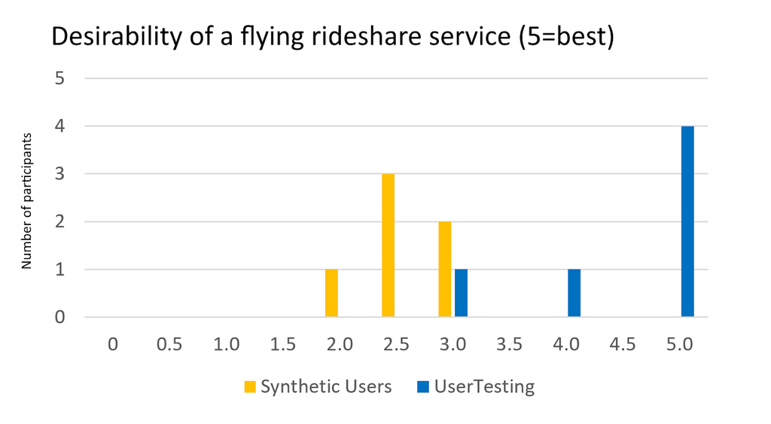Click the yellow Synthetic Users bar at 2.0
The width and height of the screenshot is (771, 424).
point(331,293)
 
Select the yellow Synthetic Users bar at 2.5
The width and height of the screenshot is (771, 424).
point(388,246)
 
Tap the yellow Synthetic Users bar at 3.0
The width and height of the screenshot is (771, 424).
point(445,270)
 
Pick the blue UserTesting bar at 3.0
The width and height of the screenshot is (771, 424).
point(461,293)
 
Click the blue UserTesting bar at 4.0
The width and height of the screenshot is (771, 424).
point(574,293)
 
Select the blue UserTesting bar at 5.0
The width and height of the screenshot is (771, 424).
point(687,221)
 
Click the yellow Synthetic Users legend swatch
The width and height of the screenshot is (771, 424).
point(251,387)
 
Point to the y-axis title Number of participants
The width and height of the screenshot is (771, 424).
point(26,201)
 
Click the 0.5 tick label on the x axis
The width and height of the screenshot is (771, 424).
point(169,344)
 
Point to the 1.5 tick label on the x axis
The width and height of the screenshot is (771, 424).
point(283,344)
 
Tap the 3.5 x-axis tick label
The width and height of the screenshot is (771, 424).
point(510,344)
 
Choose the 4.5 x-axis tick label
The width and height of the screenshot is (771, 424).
point(623,344)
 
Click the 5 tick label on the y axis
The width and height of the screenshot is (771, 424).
point(60,78)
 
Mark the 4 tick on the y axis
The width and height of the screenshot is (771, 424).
point(60,127)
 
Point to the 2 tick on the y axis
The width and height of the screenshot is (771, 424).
point(60,222)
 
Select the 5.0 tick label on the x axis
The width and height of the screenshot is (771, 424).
point(680,344)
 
